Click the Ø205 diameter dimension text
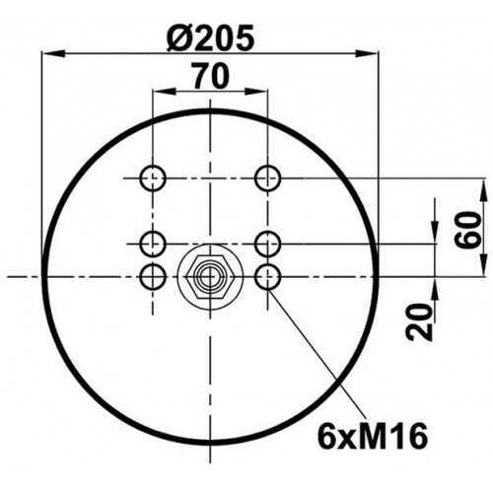click(210, 37)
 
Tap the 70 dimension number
click(210, 77)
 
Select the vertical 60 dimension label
click(468, 230)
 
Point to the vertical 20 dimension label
click(419, 322)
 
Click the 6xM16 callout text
click(373, 436)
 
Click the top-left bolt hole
click(153, 178)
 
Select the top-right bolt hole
click(268, 178)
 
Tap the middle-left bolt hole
click(153, 244)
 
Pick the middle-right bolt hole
click(268, 244)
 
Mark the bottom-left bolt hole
click(153, 277)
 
